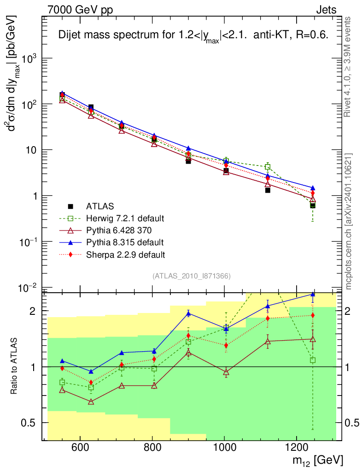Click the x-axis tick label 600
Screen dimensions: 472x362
click(x=80, y=447)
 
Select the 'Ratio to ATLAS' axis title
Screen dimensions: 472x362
click(x=14, y=367)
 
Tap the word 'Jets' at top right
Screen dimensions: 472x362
click(x=326, y=9)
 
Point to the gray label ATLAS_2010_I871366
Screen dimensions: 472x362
click(x=191, y=276)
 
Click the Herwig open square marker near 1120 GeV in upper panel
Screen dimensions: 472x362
click(x=268, y=167)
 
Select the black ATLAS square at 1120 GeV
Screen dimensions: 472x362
click(x=268, y=190)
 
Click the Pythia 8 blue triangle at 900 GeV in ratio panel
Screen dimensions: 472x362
click(x=188, y=313)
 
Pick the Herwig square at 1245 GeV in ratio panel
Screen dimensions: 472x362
click(x=313, y=360)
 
